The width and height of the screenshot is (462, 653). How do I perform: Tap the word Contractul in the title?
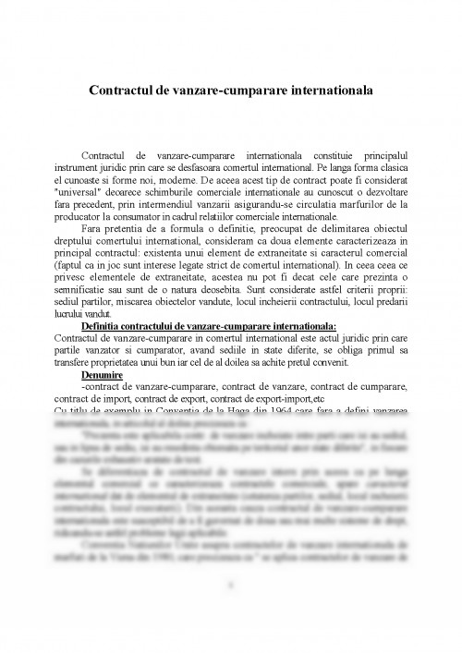(124, 91)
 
